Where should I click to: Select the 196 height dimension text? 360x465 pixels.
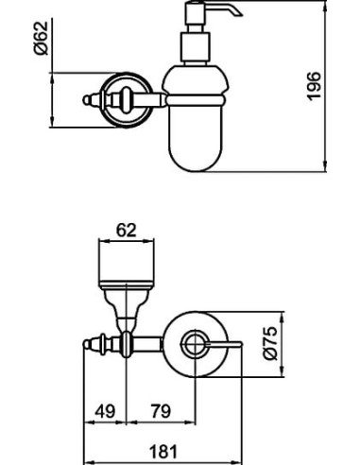click(315, 86)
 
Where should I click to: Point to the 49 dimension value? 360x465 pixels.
click(106, 412)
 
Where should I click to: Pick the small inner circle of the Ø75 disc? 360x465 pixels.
click(196, 343)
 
